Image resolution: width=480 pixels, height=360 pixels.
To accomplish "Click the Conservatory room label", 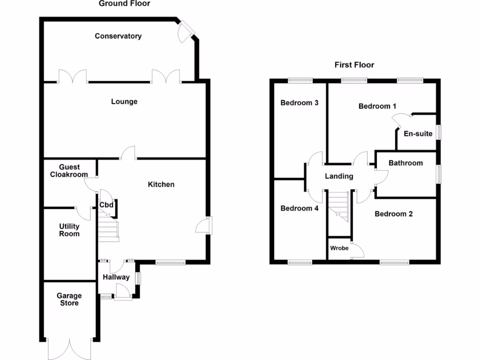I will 118,36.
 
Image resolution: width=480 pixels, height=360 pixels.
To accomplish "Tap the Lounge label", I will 124,102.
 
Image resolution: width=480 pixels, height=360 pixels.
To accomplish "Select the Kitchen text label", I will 161,185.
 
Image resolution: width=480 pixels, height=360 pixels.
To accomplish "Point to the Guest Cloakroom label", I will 69,171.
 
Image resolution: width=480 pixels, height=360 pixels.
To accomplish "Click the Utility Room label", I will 69,230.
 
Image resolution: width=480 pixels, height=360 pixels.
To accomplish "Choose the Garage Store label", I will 69,300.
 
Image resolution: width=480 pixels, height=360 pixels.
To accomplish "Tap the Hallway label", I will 116,277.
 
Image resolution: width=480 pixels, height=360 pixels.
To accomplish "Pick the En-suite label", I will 418,134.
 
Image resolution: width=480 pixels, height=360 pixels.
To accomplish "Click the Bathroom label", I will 405,163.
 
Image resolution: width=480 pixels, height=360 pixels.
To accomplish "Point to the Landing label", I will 339,177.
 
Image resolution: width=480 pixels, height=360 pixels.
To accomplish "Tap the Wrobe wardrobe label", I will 339,248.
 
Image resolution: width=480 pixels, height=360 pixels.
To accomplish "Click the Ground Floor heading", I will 125,4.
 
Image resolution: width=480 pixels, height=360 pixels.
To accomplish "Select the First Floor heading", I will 354,65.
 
